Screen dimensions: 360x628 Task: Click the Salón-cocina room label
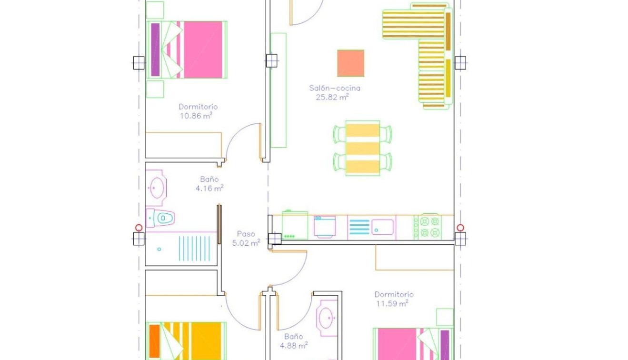pyautogui.click(x=334, y=88)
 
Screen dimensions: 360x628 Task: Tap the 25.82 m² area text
pyautogui.click(x=332, y=97)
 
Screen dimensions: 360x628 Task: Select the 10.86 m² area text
pyautogui.click(x=196, y=116)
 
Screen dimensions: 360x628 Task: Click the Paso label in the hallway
pyautogui.click(x=246, y=234)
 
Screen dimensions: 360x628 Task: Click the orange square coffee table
pyautogui.click(x=350, y=63)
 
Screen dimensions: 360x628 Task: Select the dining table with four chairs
pyautogui.click(x=362, y=148)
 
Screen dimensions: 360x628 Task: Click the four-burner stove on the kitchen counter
pyautogui.click(x=428, y=227)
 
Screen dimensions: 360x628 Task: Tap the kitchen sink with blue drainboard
pyautogui.click(x=371, y=227)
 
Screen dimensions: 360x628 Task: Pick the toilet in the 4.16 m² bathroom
pyautogui.click(x=160, y=218)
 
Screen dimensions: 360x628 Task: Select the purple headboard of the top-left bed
pyautogui.click(x=155, y=50)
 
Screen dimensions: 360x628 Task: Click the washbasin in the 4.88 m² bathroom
pyautogui.click(x=327, y=318)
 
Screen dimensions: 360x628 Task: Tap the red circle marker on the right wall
pyautogui.click(x=460, y=228)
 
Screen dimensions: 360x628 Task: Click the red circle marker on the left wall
pyautogui.click(x=139, y=228)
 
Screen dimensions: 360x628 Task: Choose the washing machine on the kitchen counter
pyautogui.click(x=325, y=227)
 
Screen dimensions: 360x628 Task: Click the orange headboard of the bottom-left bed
pyautogui.click(x=154, y=341)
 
